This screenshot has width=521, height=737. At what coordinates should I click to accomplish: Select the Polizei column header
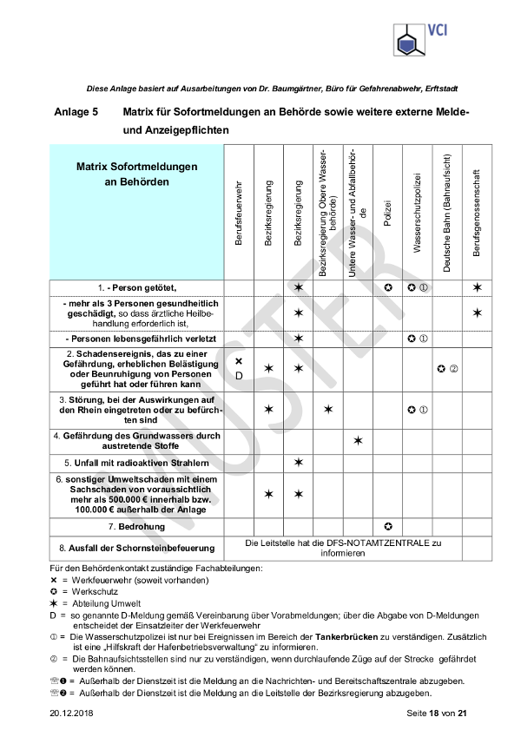click(x=388, y=216)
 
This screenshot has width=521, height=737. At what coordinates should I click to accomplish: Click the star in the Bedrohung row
click(x=388, y=526)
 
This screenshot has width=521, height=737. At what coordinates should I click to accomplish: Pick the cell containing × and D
click(x=239, y=368)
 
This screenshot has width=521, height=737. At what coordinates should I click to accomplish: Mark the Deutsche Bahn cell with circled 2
click(x=447, y=368)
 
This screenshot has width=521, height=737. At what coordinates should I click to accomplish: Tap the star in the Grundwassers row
click(x=358, y=440)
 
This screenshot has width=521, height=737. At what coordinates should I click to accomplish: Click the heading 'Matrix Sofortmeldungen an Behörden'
click(x=137, y=174)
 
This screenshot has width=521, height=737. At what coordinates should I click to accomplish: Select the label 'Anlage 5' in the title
click(x=76, y=112)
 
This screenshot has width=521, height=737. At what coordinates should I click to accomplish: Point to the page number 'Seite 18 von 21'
click(x=438, y=714)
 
